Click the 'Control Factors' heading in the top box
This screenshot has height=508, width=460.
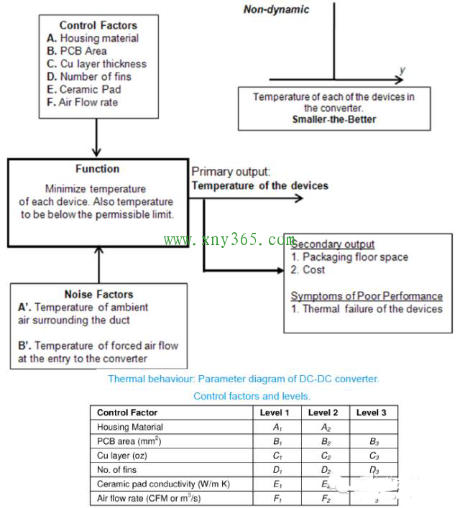pyautogui.click(x=98, y=25)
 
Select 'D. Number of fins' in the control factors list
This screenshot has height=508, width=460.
pyautogui.click(x=89, y=77)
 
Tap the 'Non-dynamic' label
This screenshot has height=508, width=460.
pyautogui.click(x=277, y=9)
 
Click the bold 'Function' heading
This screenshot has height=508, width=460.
pyautogui.click(x=97, y=169)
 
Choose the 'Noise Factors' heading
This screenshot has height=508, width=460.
pyautogui.click(x=98, y=294)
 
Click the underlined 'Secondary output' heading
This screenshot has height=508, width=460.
pyautogui.click(x=333, y=244)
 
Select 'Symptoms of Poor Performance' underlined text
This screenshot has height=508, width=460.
pyautogui.click(x=367, y=296)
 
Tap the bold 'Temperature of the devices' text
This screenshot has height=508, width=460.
pyautogui.click(x=259, y=185)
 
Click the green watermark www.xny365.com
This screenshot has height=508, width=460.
pyautogui.click(x=230, y=240)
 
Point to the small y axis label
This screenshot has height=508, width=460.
pyautogui.click(x=402, y=70)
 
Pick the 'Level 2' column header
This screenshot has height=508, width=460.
pyautogui.click(x=323, y=412)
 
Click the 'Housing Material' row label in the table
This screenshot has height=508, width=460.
pyautogui.click(x=130, y=427)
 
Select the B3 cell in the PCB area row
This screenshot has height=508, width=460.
pyautogui.click(x=372, y=441)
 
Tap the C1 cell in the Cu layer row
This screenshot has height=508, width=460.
pyautogui.click(x=275, y=456)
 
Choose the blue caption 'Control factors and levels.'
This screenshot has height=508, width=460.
pyautogui.click(x=252, y=396)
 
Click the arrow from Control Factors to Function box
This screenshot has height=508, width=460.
pyautogui.click(x=96, y=137)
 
